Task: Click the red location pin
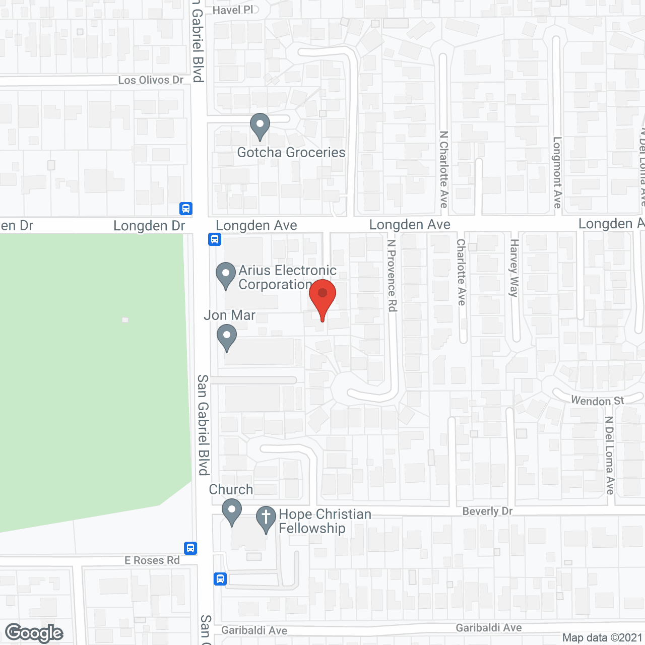coord(322,295)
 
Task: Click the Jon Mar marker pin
coord(227,337)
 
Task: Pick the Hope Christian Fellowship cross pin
coord(266,518)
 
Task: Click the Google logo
coord(34,633)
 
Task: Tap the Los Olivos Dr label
coord(151,80)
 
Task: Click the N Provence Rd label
coord(392,275)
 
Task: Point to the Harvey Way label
coord(514,268)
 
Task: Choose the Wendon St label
coord(597,401)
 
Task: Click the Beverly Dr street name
coord(487,511)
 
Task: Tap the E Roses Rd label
coord(152,560)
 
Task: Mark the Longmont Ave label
coord(557,172)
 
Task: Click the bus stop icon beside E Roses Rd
coord(190,548)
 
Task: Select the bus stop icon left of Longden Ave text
coord(214,239)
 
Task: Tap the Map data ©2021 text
coord(602,637)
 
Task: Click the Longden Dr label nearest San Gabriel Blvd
coord(149,226)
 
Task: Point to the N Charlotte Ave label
coord(443,169)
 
